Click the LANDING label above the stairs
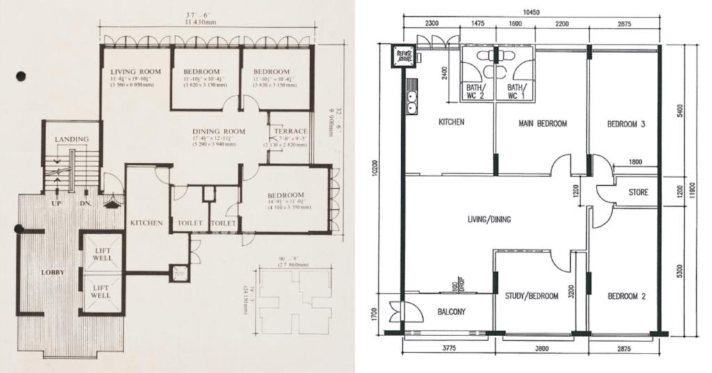72,139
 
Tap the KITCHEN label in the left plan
146,223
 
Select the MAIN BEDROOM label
543,124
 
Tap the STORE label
638,191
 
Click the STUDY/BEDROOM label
532,296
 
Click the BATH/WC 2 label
476,92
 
